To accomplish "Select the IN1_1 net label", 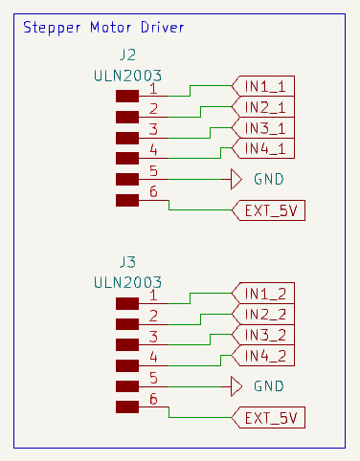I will point(264,86).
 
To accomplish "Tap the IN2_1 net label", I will point(264,107).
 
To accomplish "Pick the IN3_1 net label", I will point(264,128).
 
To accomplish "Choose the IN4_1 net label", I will point(264,148).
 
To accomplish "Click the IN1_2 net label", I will point(264,293).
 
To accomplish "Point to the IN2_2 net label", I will point(264,314).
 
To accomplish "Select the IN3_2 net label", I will point(264,335).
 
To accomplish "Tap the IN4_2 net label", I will point(264,356).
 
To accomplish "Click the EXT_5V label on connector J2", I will point(269,211).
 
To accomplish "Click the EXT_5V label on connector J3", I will point(269,418).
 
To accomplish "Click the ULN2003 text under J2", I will point(127,75).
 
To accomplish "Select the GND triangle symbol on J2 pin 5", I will point(237,179).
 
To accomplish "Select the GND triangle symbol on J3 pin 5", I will point(237,385).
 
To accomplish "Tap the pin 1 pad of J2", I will point(127,96).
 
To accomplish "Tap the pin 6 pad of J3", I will point(127,407).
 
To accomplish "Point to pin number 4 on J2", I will point(153,150).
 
